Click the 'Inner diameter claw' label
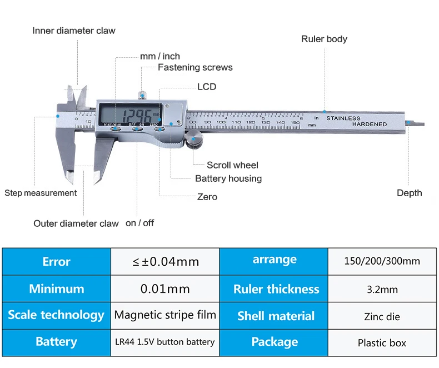pos(74,31)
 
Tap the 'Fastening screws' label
pos(195,67)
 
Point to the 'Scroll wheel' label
pos(232,165)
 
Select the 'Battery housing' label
pos(228,178)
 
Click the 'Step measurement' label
pos(41,193)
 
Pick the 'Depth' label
pos(410,193)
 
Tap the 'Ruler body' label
pos(324,39)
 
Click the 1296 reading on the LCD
pos(138,115)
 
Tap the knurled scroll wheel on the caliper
pos(193,139)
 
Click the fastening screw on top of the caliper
pos(142,95)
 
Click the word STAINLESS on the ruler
pos(343,118)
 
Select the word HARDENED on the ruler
pos(370,124)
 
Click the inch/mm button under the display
pos(116,129)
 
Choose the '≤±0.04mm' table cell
pos(165,262)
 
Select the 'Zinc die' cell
pos(382,316)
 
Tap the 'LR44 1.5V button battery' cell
pos(165,342)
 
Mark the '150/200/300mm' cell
pos(382,262)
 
